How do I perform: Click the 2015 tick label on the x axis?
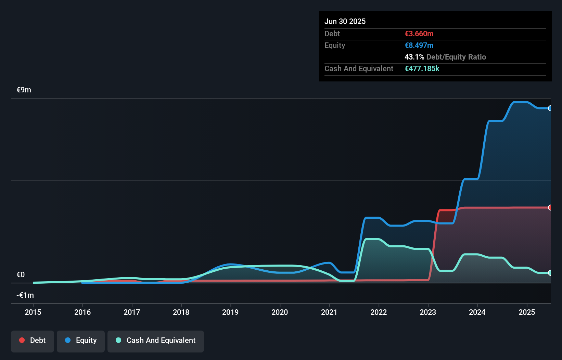[33, 312]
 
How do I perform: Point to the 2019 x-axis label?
[230, 312]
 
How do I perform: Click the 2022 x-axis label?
[379, 312]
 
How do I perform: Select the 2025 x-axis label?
[527, 312]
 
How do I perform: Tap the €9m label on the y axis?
[24, 90]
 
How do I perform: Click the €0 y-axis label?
[21, 274]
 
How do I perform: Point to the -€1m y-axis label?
[25, 295]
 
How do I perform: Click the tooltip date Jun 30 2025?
[345, 21]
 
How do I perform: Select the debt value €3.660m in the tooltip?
[419, 34]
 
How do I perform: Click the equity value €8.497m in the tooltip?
[419, 45]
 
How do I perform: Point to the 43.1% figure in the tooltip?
[414, 57]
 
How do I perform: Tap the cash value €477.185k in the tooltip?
[422, 68]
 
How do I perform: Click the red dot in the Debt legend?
[22, 340]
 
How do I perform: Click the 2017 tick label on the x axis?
[132, 312]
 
